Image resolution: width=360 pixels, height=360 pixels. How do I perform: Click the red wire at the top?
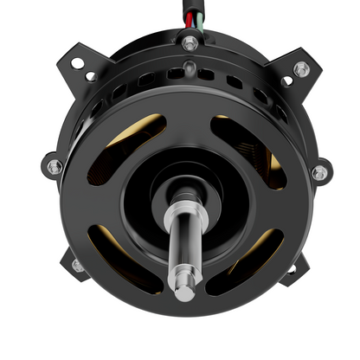184,15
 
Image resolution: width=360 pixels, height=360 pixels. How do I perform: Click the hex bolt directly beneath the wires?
190,42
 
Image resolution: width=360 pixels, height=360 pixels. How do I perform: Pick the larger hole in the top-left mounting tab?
77,63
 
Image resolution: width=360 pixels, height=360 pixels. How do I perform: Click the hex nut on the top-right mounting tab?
300,68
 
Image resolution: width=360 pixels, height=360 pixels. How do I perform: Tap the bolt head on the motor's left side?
55,166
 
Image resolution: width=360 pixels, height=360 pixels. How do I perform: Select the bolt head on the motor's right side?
320,172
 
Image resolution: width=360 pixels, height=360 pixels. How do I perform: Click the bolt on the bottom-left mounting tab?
78,265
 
